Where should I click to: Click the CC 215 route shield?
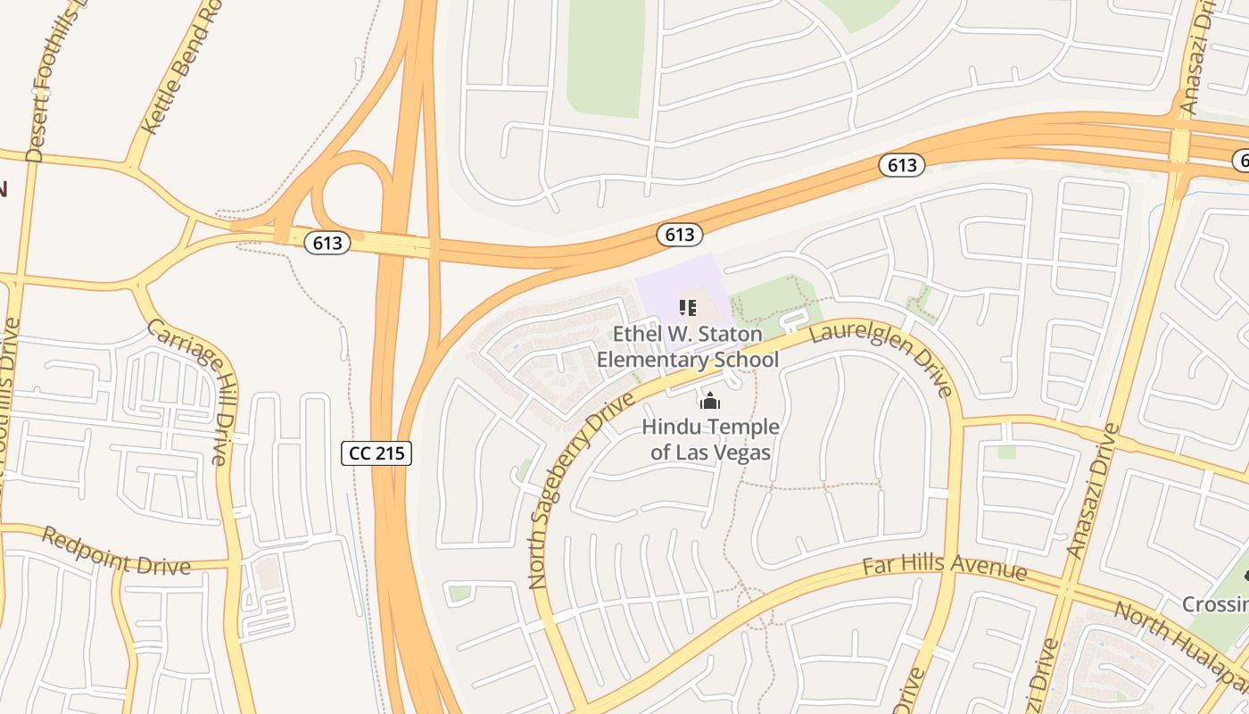pyautogui.click(x=376, y=452)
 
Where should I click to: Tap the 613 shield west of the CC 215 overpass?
pyautogui.click(x=327, y=242)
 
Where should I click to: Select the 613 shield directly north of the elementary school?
pyautogui.click(x=680, y=234)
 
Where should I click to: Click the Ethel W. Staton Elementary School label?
pyautogui.click(x=687, y=347)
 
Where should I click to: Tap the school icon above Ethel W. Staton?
pyautogui.click(x=687, y=308)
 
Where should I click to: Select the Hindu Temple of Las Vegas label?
pyautogui.click(x=710, y=439)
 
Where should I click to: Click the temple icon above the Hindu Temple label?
pyautogui.click(x=710, y=402)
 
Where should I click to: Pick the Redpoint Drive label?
pyautogui.click(x=116, y=553)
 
